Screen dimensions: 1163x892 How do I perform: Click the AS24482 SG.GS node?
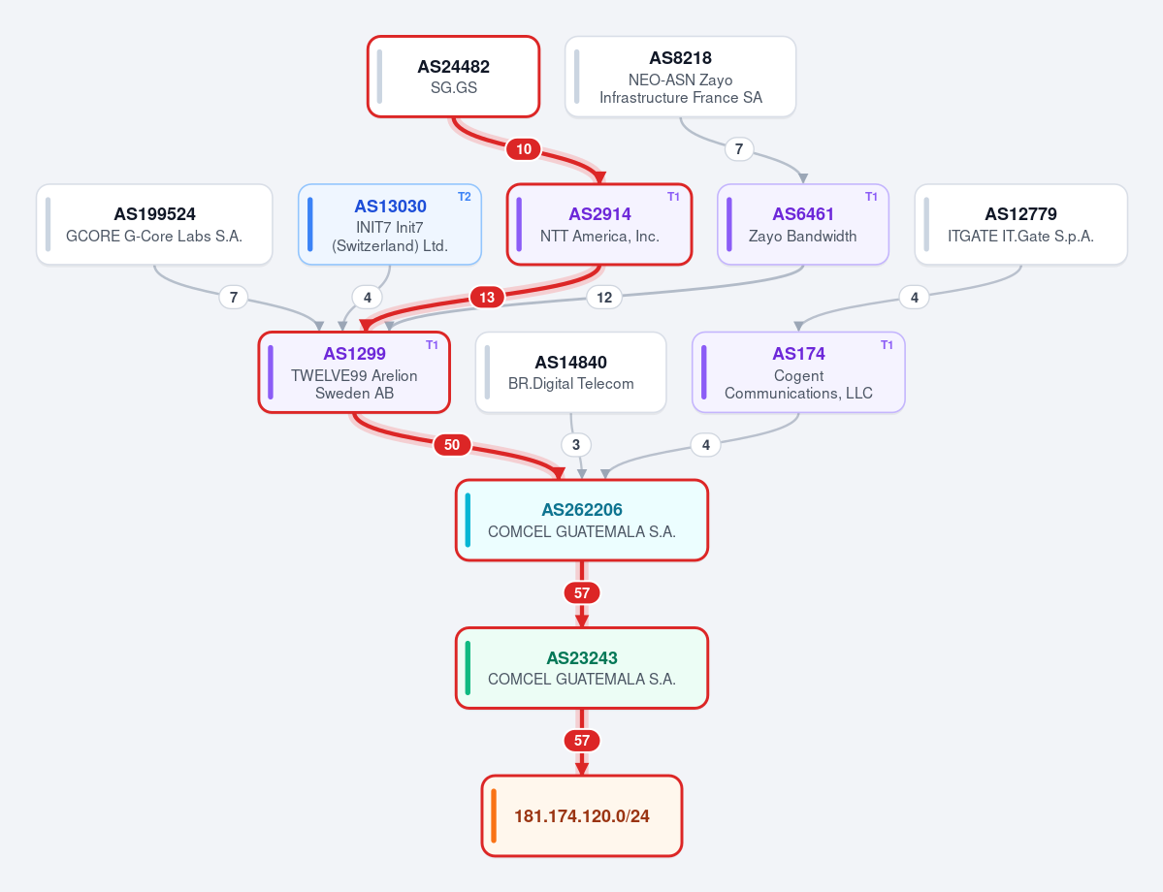coord(453,77)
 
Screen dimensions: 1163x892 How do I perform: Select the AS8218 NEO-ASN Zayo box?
coord(680,77)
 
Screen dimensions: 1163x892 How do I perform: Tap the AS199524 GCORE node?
coord(154,225)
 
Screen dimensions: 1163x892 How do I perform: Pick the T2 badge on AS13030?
coord(465,197)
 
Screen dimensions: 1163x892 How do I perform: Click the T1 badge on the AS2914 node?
coord(673,197)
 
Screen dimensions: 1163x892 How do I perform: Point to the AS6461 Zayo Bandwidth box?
coord(802,225)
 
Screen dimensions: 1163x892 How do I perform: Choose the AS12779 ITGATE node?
coord(1020,225)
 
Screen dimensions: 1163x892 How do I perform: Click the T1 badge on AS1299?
coord(432,345)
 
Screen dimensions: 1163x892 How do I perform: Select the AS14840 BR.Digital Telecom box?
coord(570,372)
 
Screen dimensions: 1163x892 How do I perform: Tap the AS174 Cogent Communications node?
coord(798,372)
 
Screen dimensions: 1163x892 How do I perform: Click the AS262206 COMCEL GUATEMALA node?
coord(582,521)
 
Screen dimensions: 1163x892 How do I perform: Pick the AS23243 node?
coord(582,668)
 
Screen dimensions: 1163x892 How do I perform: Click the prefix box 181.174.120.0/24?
coord(582,815)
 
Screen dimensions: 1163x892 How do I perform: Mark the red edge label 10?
coord(524,149)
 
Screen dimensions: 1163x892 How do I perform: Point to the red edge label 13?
coord(487,298)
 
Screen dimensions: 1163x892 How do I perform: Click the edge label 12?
coord(604,298)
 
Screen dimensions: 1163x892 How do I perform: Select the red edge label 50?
coord(452,445)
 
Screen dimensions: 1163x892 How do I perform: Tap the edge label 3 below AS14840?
coord(576,445)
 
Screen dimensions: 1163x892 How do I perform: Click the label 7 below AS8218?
coord(739,149)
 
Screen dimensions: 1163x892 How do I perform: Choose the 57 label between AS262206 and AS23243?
coord(582,593)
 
